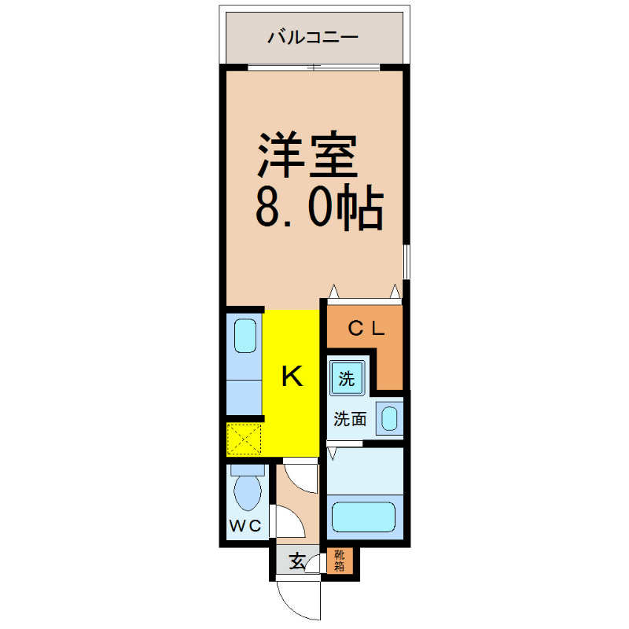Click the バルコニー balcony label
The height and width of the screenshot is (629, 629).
tap(313, 37)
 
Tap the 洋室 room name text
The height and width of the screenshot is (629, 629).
tap(307, 154)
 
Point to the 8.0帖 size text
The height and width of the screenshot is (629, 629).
tap(320, 207)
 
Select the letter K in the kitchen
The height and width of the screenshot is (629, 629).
tap(292, 377)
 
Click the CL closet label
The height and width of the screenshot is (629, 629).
tap(366, 329)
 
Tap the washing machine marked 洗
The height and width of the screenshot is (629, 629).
tap(347, 378)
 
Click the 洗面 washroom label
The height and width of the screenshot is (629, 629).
tap(350, 419)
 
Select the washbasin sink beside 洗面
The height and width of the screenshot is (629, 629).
tap(389, 418)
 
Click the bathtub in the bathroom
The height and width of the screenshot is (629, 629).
tap(364, 517)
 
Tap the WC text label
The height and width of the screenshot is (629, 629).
tap(245, 525)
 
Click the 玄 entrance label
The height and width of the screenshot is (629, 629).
tap(297, 561)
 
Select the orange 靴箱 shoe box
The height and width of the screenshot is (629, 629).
tap(340, 561)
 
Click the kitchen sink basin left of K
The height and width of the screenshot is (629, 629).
tap(245, 336)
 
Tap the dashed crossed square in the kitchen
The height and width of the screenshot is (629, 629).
tap(244, 439)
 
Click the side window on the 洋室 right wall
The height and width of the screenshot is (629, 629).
tap(406, 261)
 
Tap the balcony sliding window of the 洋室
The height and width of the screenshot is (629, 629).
tap(314, 67)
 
